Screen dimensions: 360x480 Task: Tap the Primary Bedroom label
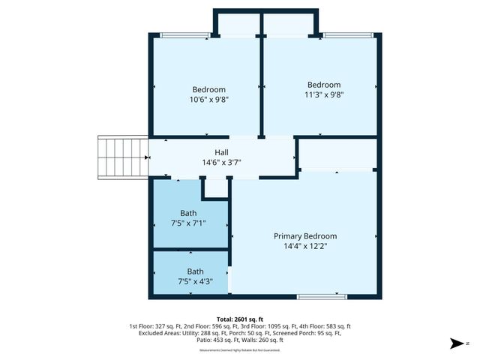pyautogui.click(x=304, y=235)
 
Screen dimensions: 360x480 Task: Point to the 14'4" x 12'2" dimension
pyautogui.click(x=304, y=245)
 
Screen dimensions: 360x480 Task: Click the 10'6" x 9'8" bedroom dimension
pyautogui.click(x=208, y=99)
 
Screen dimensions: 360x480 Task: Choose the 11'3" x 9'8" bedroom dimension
pyautogui.click(x=324, y=94)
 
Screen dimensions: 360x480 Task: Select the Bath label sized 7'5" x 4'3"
pyautogui.click(x=195, y=271)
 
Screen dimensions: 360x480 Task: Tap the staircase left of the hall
pyautogui.click(x=122, y=158)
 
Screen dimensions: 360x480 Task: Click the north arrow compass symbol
pyautogui.click(x=454, y=343)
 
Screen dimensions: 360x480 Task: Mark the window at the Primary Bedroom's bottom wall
pyautogui.click(x=322, y=297)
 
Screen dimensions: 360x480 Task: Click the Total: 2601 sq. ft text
pyautogui.click(x=240, y=319)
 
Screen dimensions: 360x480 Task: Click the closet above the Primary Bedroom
pyautogui.click(x=337, y=153)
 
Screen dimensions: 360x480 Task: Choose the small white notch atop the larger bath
pyautogui.click(x=215, y=188)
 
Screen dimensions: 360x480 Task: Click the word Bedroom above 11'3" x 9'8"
pyautogui.click(x=324, y=85)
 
